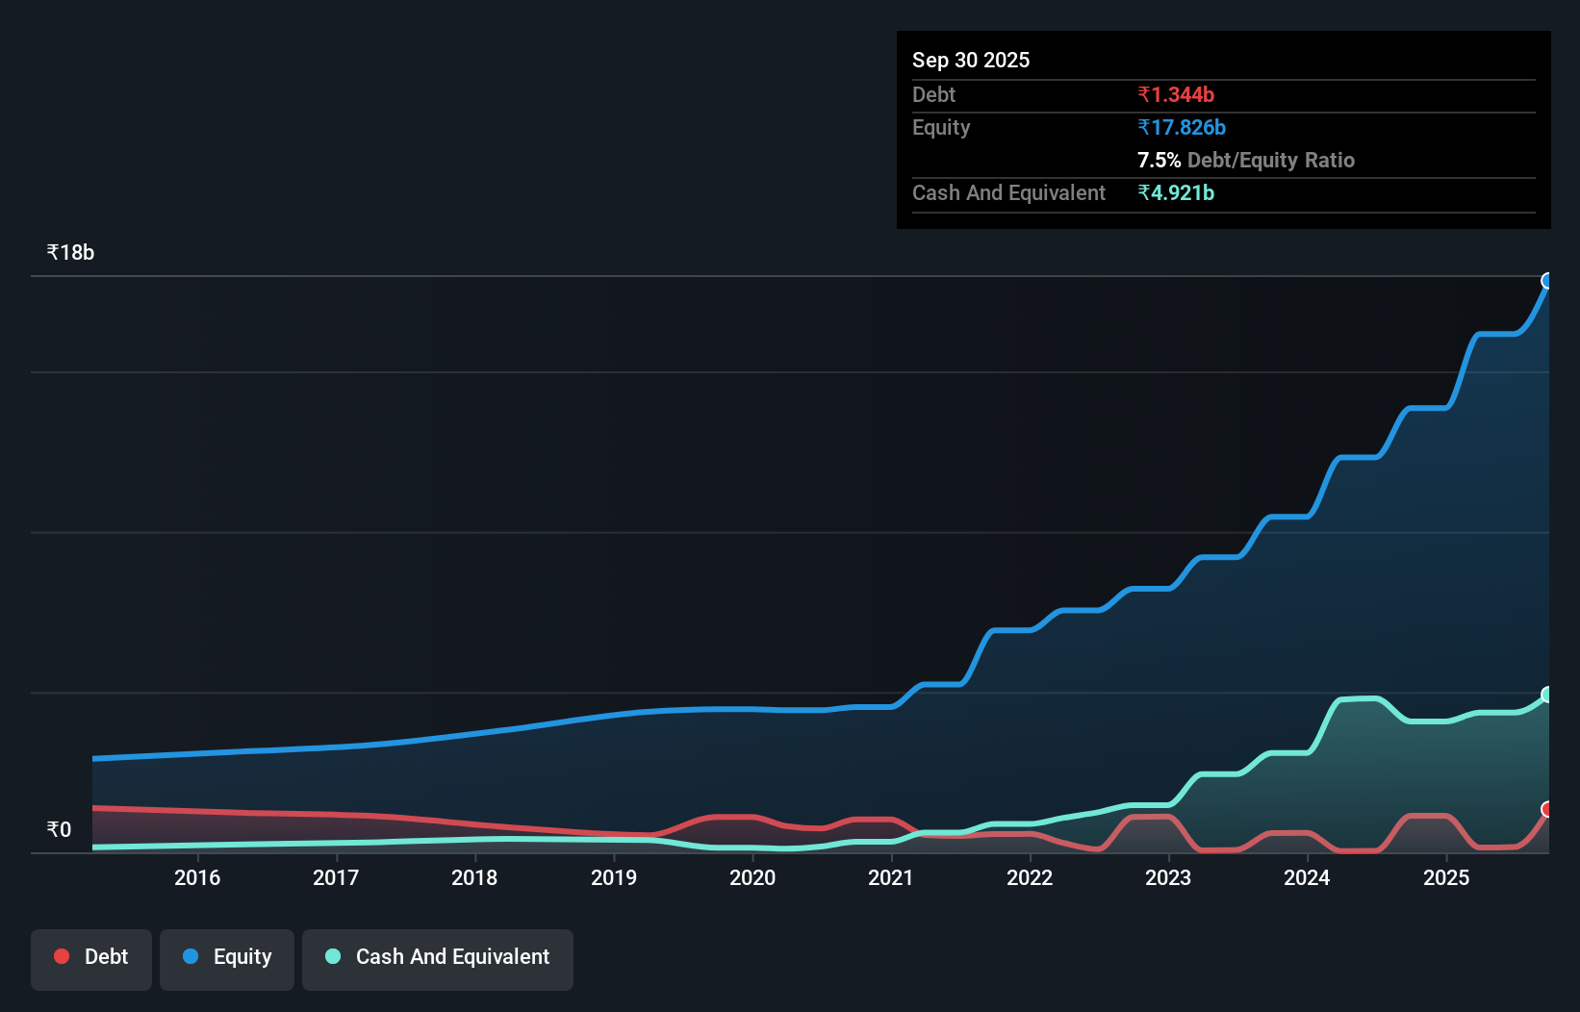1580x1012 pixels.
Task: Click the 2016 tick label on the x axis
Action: tap(197, 877)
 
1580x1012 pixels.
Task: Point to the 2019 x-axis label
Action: tap(614, 877)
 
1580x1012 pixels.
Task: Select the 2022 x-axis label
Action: tap(1030, 877)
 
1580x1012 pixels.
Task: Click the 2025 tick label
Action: tap(1446, 877)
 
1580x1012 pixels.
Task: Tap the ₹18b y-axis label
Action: tap(70, 253)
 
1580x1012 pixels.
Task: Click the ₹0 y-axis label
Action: tap(60, 830)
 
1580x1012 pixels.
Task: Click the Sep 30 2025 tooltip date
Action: tap(971, 60)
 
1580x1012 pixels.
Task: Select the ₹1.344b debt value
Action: tap(1176, 94)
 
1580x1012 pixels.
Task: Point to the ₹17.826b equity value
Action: tap(1182, 127)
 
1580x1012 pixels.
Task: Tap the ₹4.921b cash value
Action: tap(1176, 192)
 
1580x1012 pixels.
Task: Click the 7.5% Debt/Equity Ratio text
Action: tap(1246, 160)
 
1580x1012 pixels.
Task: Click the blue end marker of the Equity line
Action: tap(1547, 281)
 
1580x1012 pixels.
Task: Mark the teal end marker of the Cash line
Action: tap(1547, 695)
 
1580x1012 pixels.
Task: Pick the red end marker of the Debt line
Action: tap(1547, 809)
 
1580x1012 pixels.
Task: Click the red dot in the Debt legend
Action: tap(62, 956)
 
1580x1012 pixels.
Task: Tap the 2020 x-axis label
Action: tap(752, 877)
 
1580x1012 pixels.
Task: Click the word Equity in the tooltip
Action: tap(941, 127)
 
